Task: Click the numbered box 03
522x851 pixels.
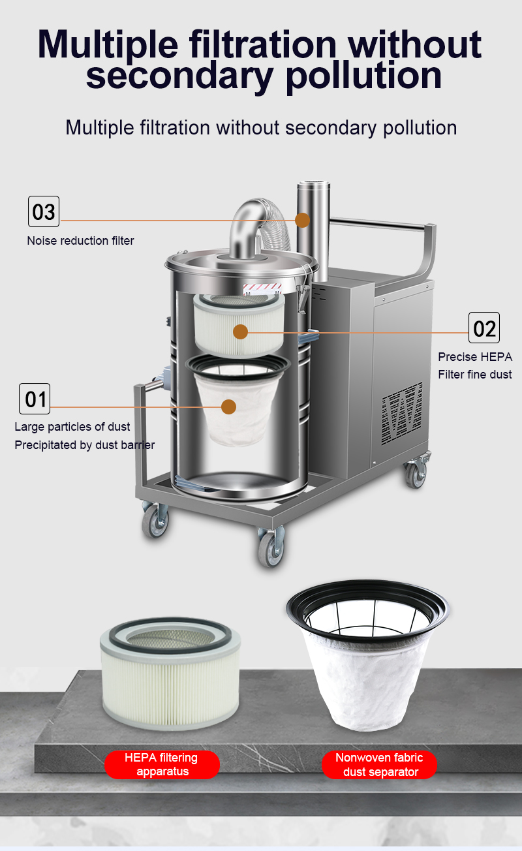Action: [44, 211]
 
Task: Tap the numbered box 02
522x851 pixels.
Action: [484, 328]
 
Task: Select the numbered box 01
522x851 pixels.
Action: [35, 399]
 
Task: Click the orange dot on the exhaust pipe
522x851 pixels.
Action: [302, 220]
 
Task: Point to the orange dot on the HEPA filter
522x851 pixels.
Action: [240, 332]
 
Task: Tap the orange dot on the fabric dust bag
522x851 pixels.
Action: [228, 407]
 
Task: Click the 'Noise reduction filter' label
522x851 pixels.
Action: [80, 240]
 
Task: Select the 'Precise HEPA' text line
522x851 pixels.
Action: [475, 357]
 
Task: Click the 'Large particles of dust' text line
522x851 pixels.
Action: [72, 427]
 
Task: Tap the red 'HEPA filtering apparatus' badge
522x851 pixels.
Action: [162, 764]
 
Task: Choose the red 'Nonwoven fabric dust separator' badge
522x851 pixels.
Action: [380, 764]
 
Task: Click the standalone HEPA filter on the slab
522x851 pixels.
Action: [170, 673]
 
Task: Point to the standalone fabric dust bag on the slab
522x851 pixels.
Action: [368, 655]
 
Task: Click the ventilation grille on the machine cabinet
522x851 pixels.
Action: [402, 414]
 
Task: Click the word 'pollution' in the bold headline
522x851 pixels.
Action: [363, 76]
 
